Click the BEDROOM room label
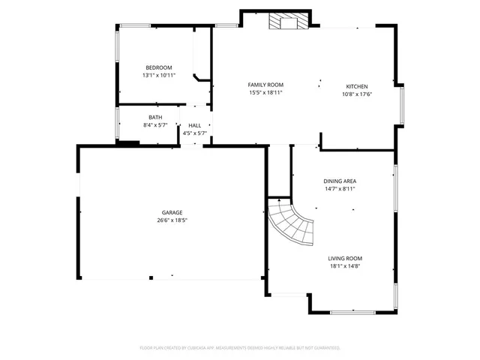158,67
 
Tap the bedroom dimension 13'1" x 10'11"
158,76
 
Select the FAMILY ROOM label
265,85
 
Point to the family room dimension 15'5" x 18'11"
265,93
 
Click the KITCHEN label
357,86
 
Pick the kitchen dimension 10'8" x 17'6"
357,94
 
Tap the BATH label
155,117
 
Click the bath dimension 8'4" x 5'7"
155,124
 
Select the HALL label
194,125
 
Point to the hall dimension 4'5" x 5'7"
194,133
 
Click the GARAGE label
172,212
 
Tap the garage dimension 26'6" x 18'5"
172,220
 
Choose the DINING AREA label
340,181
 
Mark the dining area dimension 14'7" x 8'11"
340,189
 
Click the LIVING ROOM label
345,258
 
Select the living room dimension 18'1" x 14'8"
345,266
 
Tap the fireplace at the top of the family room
289,22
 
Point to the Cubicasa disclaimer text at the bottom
240,348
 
